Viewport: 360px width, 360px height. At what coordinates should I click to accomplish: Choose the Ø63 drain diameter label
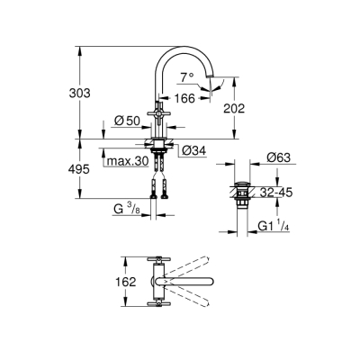tap(279, 157)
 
